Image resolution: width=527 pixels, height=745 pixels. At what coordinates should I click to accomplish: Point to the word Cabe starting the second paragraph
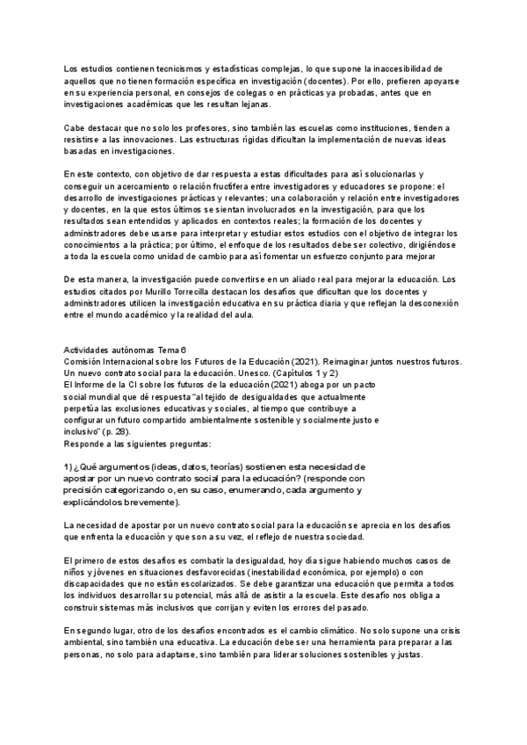coord(76,128)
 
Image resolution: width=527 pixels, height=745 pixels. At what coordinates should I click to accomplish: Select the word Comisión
coord(86,361)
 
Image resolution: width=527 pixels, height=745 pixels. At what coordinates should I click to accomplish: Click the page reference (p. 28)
coord(117,431)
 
